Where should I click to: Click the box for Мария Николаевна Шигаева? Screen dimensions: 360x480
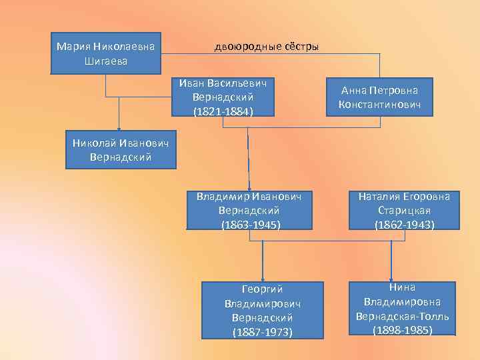(x=106, y=53)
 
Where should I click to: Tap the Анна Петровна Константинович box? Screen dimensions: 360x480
(x=379, y=98)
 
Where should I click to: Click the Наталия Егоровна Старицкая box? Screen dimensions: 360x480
(x=404, y=211)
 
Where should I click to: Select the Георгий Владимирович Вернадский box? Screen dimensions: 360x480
(x=262, y=309)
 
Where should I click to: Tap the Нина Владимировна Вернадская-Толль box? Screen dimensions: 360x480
(x=403, y=308)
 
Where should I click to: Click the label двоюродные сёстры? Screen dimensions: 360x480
(x=266, y=47)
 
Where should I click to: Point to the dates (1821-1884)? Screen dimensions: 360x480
(x=223, y=111)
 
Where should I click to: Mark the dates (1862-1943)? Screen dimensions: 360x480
(x=404, y=225)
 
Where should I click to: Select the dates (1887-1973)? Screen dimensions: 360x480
(x=262, y=331)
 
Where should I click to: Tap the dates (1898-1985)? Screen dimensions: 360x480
(x=403, y=329)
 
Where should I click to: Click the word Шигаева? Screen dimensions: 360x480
(x=106, y=61)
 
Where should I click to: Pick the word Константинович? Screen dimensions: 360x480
(x=379, y=105)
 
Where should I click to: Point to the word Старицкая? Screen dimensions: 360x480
(x=404, y=211)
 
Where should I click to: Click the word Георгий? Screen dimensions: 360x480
(x=262, y=289)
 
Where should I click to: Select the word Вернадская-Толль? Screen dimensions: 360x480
(x=403, y=315)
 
